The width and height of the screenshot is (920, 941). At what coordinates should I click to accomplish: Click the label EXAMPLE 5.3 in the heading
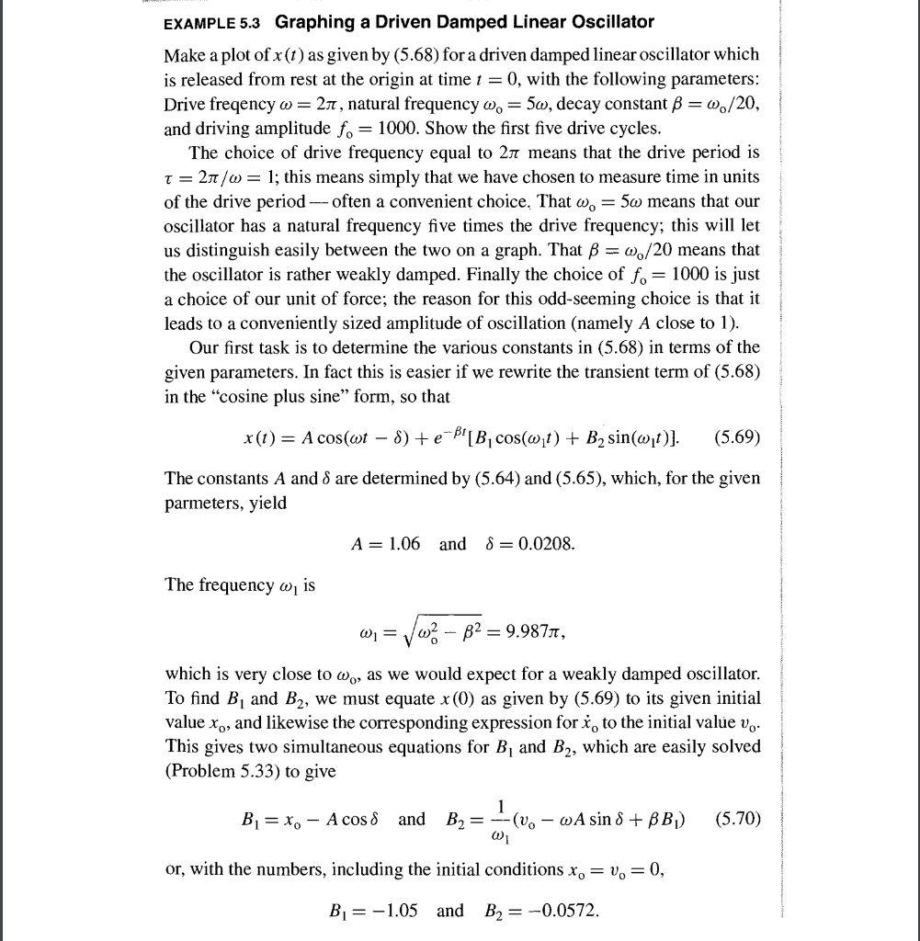coord(215,21)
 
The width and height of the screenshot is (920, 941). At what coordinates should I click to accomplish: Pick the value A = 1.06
coord(386,543)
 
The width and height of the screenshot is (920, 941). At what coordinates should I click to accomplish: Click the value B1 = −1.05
coord(373,911)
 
